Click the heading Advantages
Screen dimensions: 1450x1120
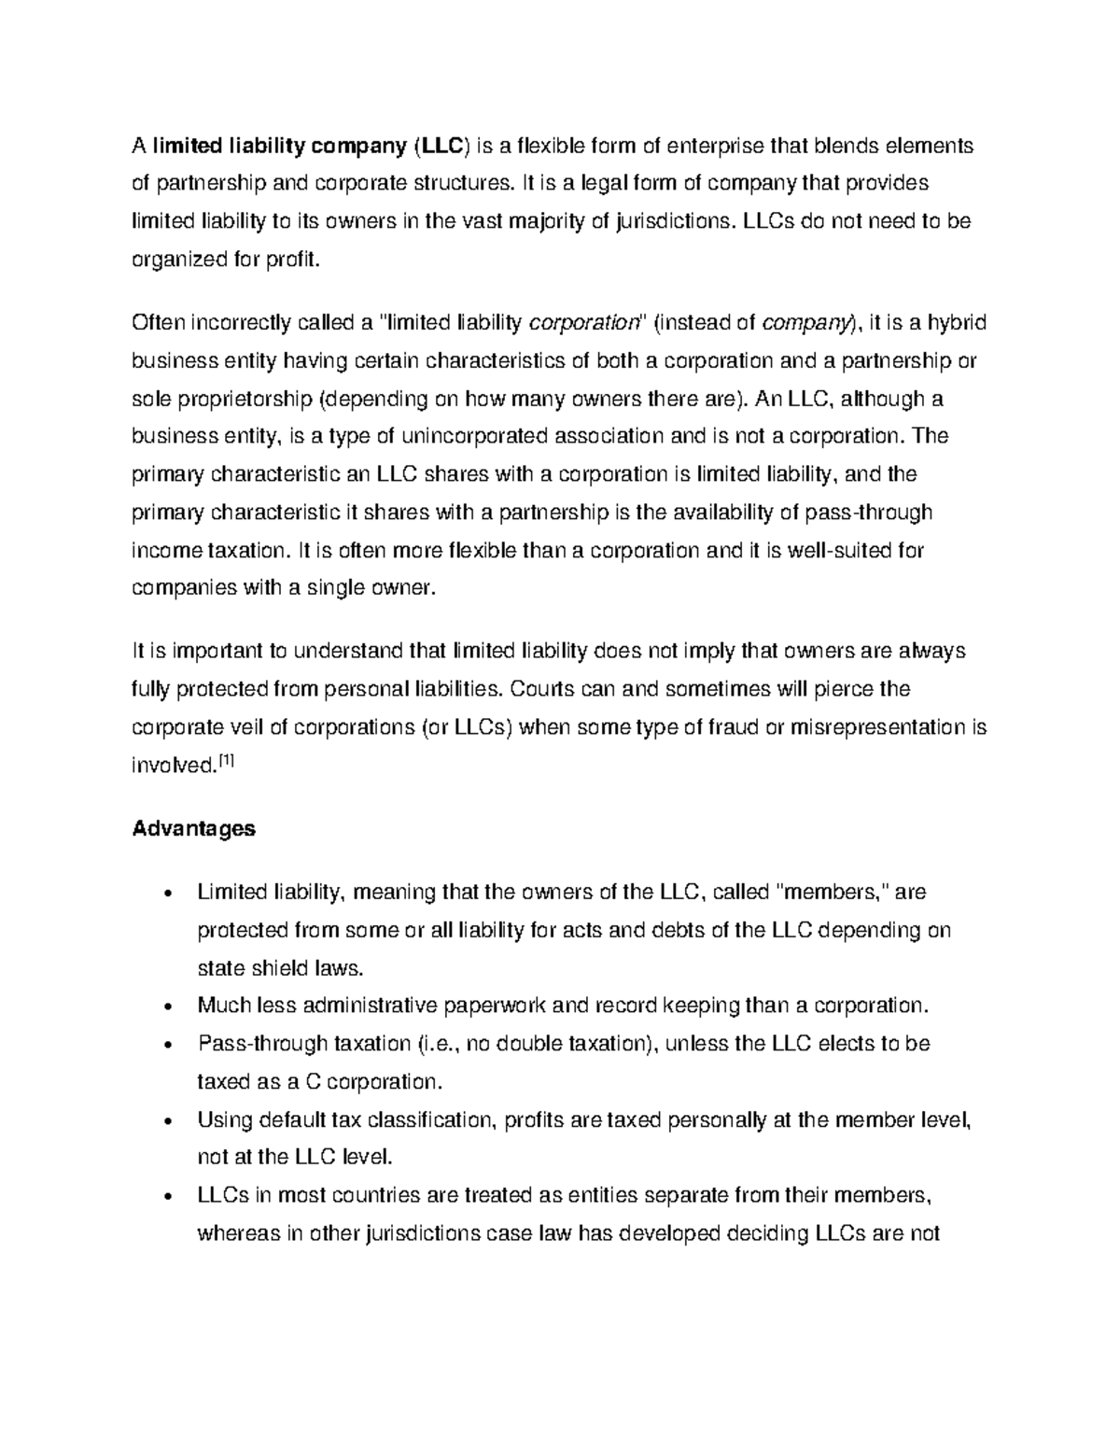pyautogui.click(x=193, y=828)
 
